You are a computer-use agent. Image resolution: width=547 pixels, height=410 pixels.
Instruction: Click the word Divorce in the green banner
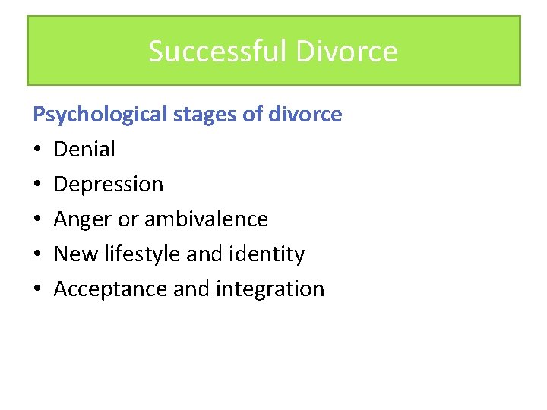tap(346, 52)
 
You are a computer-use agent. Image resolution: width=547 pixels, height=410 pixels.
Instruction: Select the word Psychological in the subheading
tap(100, 115)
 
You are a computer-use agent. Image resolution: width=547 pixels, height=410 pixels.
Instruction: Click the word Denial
tap(84, 149)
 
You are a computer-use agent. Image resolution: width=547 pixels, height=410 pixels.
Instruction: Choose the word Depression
tap(109, 184)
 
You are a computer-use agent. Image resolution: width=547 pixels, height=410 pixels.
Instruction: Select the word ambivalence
tap(206, 219)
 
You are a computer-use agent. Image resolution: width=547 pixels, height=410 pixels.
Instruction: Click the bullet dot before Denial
tap(37, 150)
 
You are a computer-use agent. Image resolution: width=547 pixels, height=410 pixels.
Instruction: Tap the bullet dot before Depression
tap(37, 184)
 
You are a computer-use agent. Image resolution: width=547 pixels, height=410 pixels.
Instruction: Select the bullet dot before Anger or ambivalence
tap(37, 219)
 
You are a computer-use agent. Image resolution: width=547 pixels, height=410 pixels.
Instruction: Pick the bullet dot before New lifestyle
tap(37, 254)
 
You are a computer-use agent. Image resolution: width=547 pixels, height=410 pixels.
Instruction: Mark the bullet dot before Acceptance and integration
tap(37, 289)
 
